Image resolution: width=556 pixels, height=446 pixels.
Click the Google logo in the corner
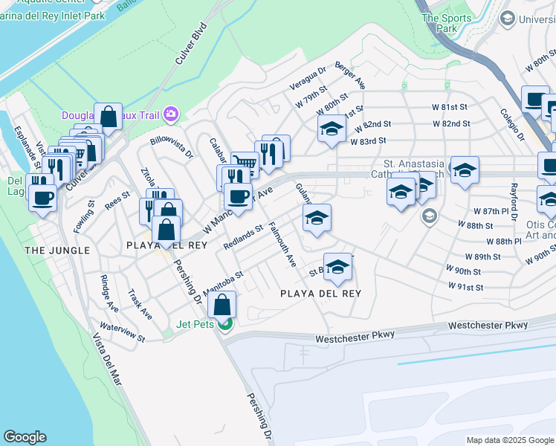pyautogui.click(x=25, y=437)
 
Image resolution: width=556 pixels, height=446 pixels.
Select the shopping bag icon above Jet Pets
pyautogui.click(x=222, y=304)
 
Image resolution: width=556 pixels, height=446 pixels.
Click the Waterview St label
pyautogui.click(x=123, y=332)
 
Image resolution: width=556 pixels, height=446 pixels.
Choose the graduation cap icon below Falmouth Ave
pyautogui.click(x=337, y=267)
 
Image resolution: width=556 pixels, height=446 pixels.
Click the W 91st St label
pyautogui.click(x=465, y=287)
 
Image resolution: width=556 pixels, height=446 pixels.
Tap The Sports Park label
pyautogui.click(x=447, y=23)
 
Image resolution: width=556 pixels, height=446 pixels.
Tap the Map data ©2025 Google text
pyautogui.click(x=510, y=440)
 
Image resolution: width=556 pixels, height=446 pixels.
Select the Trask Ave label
pyautogui.click(x=140, y=304)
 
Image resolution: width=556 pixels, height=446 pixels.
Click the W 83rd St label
pyautogui.click(x=368, y=140)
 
